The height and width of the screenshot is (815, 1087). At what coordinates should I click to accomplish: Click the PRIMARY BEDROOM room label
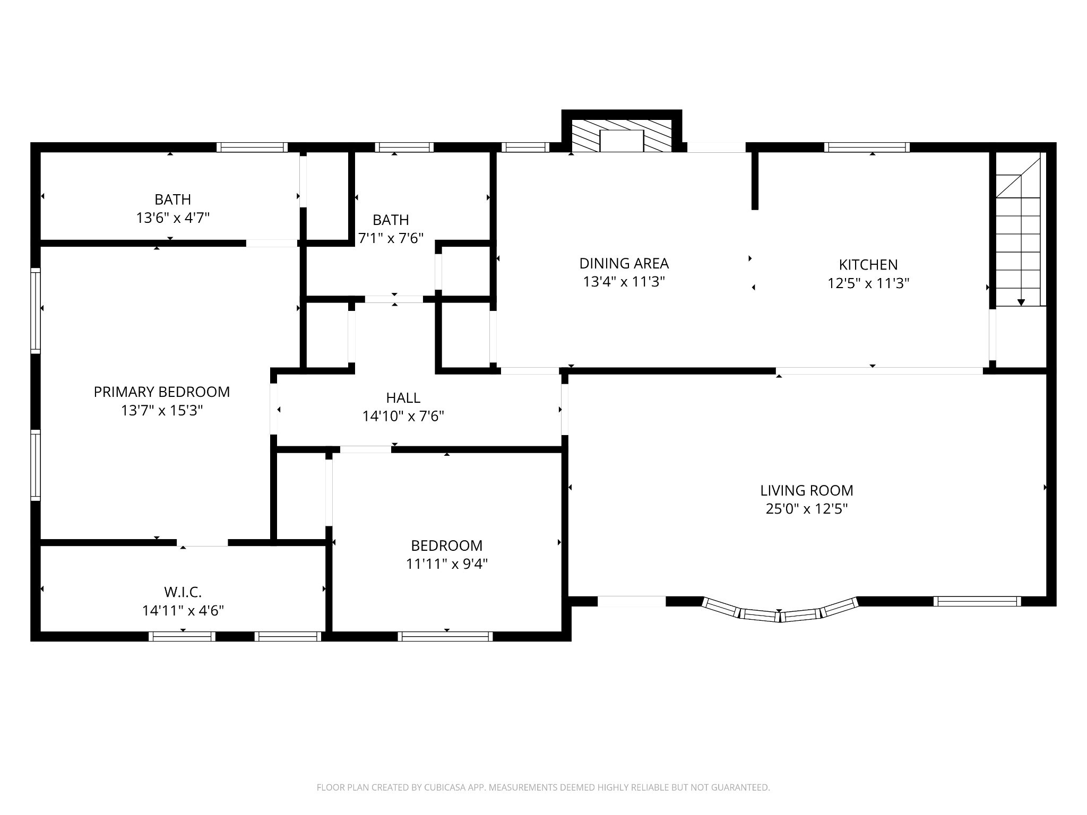tap(162, 392)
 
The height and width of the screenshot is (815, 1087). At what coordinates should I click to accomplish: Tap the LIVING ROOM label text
tap(807, 490)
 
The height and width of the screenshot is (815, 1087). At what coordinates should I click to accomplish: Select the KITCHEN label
tap(868, 265)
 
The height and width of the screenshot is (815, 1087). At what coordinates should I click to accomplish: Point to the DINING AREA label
tap(624, 263)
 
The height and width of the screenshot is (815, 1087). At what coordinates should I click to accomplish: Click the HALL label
tap(403, 398)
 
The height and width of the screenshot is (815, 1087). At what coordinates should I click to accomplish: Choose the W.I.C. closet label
tap(183, 592)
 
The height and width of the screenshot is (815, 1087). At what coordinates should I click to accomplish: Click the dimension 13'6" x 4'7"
tap(173, 218)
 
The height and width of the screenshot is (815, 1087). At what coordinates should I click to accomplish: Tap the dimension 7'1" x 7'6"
tap(391, 238)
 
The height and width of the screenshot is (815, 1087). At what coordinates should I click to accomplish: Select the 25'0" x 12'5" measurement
tap(807, 509)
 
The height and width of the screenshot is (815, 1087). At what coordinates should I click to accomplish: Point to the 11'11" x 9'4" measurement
tap(447, 563)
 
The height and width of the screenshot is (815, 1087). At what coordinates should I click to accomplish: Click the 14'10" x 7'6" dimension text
tap(403, 417)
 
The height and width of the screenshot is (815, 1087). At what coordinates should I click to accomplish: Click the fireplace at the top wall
tap(622, 136)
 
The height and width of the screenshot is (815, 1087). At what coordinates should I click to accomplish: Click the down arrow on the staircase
tap(1021, 302)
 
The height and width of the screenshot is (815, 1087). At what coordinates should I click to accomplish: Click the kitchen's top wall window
tap(867, 147)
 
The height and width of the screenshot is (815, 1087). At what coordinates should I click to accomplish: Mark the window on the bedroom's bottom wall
tap(445, 636)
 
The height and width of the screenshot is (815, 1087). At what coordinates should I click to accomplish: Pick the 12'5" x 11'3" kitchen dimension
tap(868, 283)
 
